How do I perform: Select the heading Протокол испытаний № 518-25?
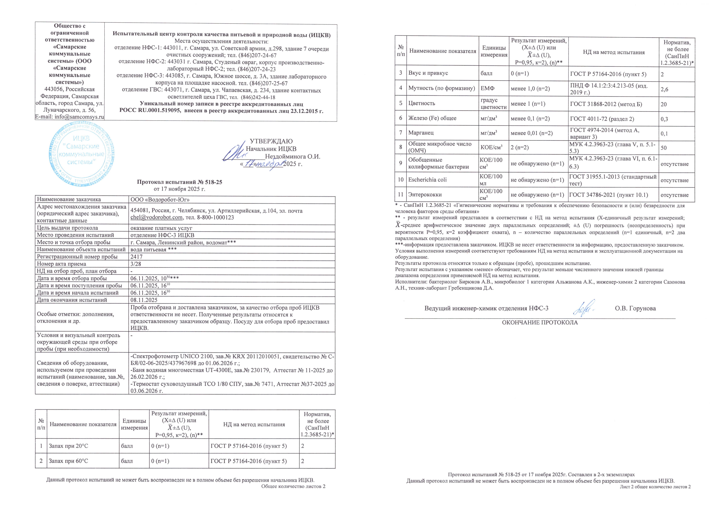tap(180, 182)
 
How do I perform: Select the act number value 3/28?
tap(136, 264)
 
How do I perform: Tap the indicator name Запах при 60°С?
tap(68, 461)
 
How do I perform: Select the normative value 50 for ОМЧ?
tap(664, 148)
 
